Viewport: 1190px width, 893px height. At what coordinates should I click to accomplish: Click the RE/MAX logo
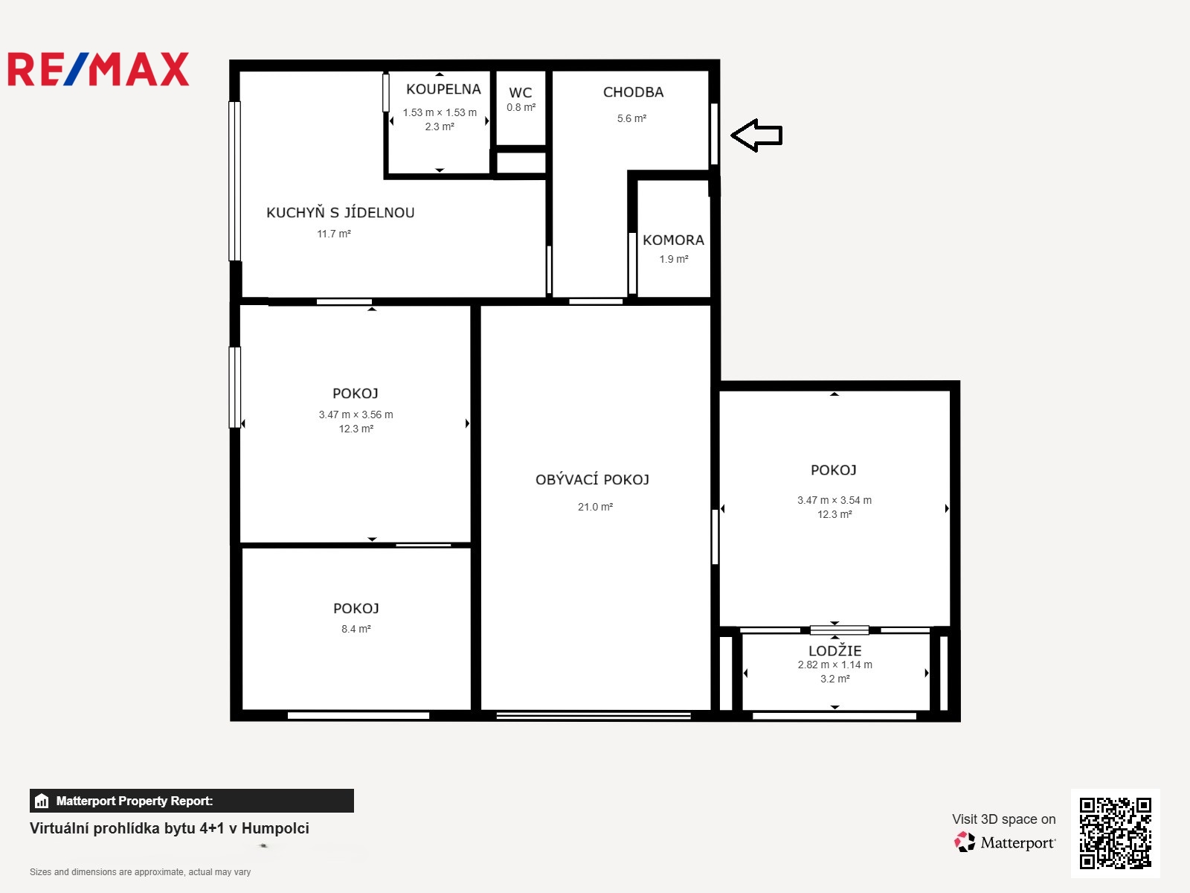pos(98,69)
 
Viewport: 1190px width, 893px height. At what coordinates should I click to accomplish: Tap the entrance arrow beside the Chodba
pos(757,135)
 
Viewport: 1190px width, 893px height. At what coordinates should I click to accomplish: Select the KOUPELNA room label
pos(443,89)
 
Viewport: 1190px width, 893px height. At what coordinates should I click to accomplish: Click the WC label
pos(521,92)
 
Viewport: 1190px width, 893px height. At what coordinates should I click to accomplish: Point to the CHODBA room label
pos(633,92)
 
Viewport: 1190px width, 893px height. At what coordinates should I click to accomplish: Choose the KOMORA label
pos(673,240)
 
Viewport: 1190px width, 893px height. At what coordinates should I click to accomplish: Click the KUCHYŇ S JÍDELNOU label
pos(341,212)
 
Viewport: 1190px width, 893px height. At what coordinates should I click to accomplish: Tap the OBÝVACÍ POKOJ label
pos(592,479)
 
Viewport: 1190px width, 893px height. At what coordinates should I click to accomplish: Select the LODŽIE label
pos(835,650)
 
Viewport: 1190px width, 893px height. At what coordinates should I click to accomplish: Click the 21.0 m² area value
pos(595,507)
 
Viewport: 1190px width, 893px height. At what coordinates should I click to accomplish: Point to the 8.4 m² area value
pos(356,629)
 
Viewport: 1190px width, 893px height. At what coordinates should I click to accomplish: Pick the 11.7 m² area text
pos(334,234)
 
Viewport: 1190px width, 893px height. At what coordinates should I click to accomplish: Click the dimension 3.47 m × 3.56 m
pos(356,415)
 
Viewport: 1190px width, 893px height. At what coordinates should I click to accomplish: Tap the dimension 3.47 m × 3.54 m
pos(834,500)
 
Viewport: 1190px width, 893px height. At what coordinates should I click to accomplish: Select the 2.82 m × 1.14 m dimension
pos(835,665)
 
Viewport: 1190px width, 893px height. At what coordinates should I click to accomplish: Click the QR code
pos(1115,833)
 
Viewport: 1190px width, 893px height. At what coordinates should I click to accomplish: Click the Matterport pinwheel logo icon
pos(965,842)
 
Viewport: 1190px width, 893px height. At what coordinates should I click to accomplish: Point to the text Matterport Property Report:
pos(135,801)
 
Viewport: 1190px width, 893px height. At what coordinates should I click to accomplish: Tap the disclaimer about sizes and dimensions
pos(140,872)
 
